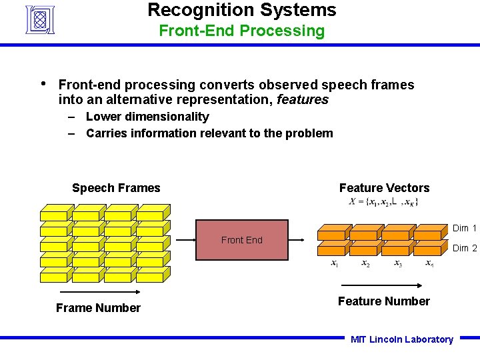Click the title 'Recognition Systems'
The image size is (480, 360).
pyautogui.click(x=241, y=10)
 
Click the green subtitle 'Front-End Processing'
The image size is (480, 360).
pyautogui.click(x=241, y=31)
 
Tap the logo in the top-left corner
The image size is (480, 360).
pyautogui.click(x=40, y=19)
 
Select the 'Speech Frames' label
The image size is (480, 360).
pyautogui.click(x=116, y=188)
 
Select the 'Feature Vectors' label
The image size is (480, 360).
pyautogui.click(x=384, y=188)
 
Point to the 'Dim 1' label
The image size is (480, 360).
pyautogui.click(x=465, y=229)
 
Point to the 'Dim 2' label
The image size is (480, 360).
pyautogui.click(x=465, y=249)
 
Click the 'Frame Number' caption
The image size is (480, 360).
pyautogui.click(x=98, y=308)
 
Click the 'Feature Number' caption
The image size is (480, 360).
pyautogui.click(x=383, y=301)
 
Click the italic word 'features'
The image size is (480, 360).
pyautogui.click(x=303, y=100)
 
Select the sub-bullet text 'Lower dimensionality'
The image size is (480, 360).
pyautogui.click(x=147, y=117)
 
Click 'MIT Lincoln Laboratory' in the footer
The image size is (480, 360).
pyautogui.click(x=401, y=339)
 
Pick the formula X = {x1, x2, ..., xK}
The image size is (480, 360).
pyautogui.click(x=383, y=202)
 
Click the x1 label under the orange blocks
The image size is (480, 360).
pyautogui.click(x=335, y=264)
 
